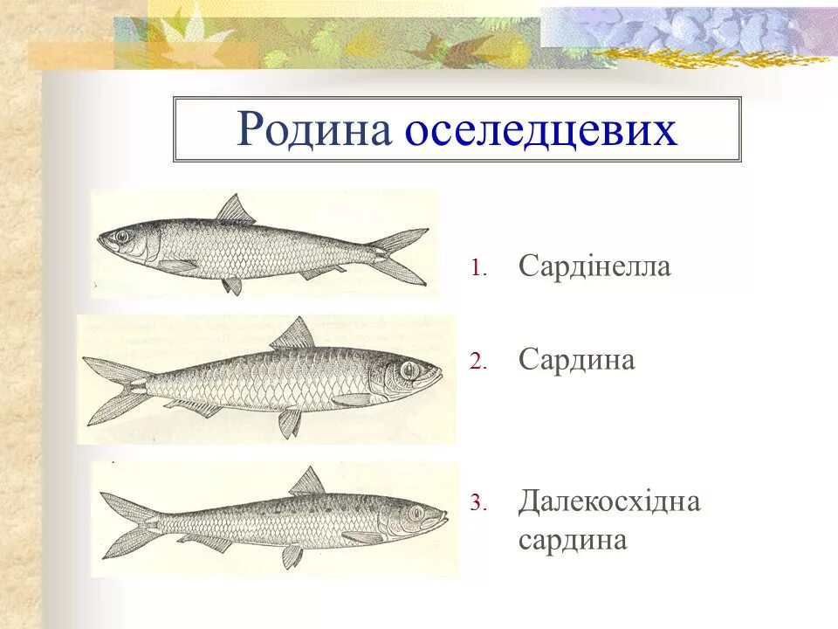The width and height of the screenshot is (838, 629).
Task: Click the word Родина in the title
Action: (315, 130)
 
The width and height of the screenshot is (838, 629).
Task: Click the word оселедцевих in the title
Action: (541, 130)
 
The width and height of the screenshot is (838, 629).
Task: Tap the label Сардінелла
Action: (594, 266)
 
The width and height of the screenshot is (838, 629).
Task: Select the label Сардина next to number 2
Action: (576, 359)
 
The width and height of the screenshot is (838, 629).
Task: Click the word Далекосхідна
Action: (609, 501)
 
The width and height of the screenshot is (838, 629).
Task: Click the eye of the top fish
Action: (120, 236)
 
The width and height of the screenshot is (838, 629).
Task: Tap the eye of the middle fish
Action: (407, 370)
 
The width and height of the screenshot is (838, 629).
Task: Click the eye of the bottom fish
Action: (416, 512)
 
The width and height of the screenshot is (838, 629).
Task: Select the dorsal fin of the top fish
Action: (235, 211)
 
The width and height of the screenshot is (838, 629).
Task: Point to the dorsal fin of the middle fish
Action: (294, 335)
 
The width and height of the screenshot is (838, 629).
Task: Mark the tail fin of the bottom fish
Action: (127, 523)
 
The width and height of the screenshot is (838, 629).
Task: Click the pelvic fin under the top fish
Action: (232, 285)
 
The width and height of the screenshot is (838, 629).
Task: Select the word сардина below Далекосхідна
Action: (573, 540)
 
